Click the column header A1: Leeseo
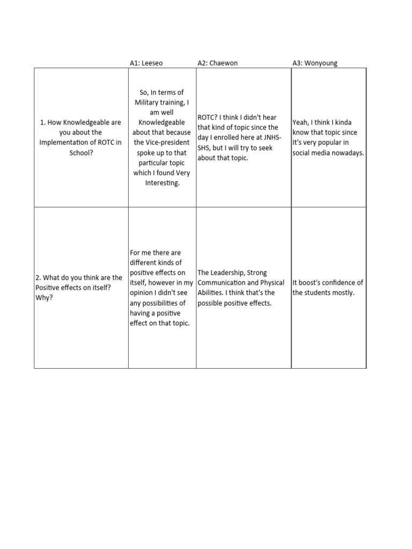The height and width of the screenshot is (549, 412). tap(146, 63)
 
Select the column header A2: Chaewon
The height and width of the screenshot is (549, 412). tap(217, 63)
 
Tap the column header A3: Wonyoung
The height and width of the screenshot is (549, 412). tap(315, 63)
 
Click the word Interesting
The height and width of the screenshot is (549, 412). tap(162, 183)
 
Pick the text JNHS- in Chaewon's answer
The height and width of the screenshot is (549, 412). tap(271, 138)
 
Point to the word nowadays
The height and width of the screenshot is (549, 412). tap(347, 152)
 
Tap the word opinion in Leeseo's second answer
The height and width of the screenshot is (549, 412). tap(142, 293)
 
